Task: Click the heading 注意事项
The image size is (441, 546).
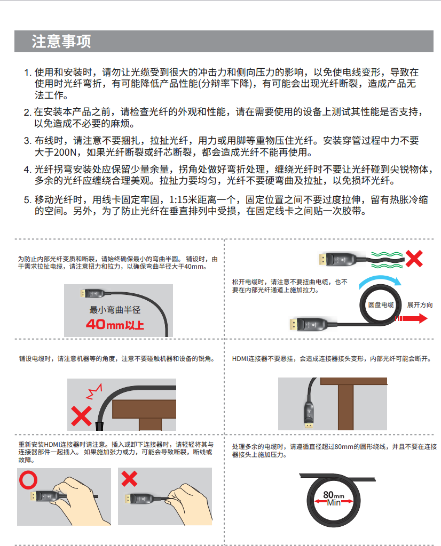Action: (61, 42)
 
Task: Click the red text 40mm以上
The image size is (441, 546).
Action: (115, 325)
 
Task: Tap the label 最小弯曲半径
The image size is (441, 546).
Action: (115, 310)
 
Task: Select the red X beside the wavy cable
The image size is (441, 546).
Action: (414, 259)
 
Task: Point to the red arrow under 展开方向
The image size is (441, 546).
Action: (411, 318)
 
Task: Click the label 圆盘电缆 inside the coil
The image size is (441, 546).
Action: (381, 304)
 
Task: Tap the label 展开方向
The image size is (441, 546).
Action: (420, 304)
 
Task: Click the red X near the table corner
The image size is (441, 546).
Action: (81, 416)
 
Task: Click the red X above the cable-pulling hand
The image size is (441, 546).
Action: (129, 479)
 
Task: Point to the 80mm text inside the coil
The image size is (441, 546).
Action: (333, 495)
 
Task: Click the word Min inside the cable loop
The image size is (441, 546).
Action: (334, 502)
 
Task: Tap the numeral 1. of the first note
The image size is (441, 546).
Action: (28, 73)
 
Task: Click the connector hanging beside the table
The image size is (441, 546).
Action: (309, 415)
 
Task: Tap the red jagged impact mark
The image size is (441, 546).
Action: (94, 392)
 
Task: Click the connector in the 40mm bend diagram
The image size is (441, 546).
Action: (92, 293)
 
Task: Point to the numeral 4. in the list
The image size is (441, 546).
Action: (28, 170)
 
